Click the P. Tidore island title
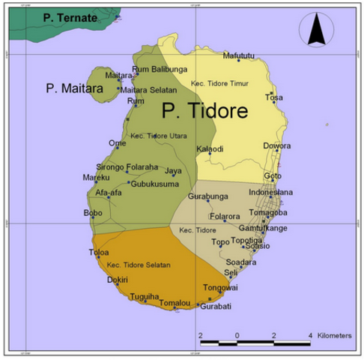205,112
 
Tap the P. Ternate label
70,16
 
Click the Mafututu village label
239,55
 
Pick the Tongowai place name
220,287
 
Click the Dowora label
276,145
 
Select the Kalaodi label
210,148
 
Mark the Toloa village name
99,253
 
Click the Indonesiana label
270,193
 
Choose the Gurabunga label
207,196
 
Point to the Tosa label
275,97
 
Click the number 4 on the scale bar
310,335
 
